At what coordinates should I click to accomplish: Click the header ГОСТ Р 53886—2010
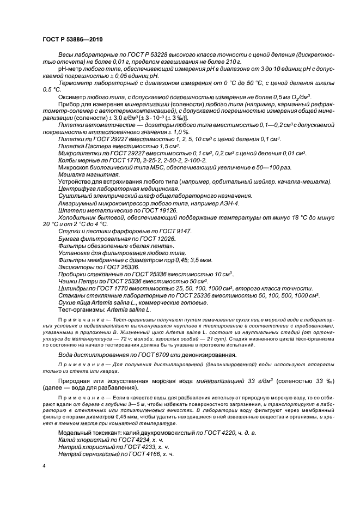click(x=72, y=40)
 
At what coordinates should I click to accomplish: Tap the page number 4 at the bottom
click(x=44, y=466)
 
